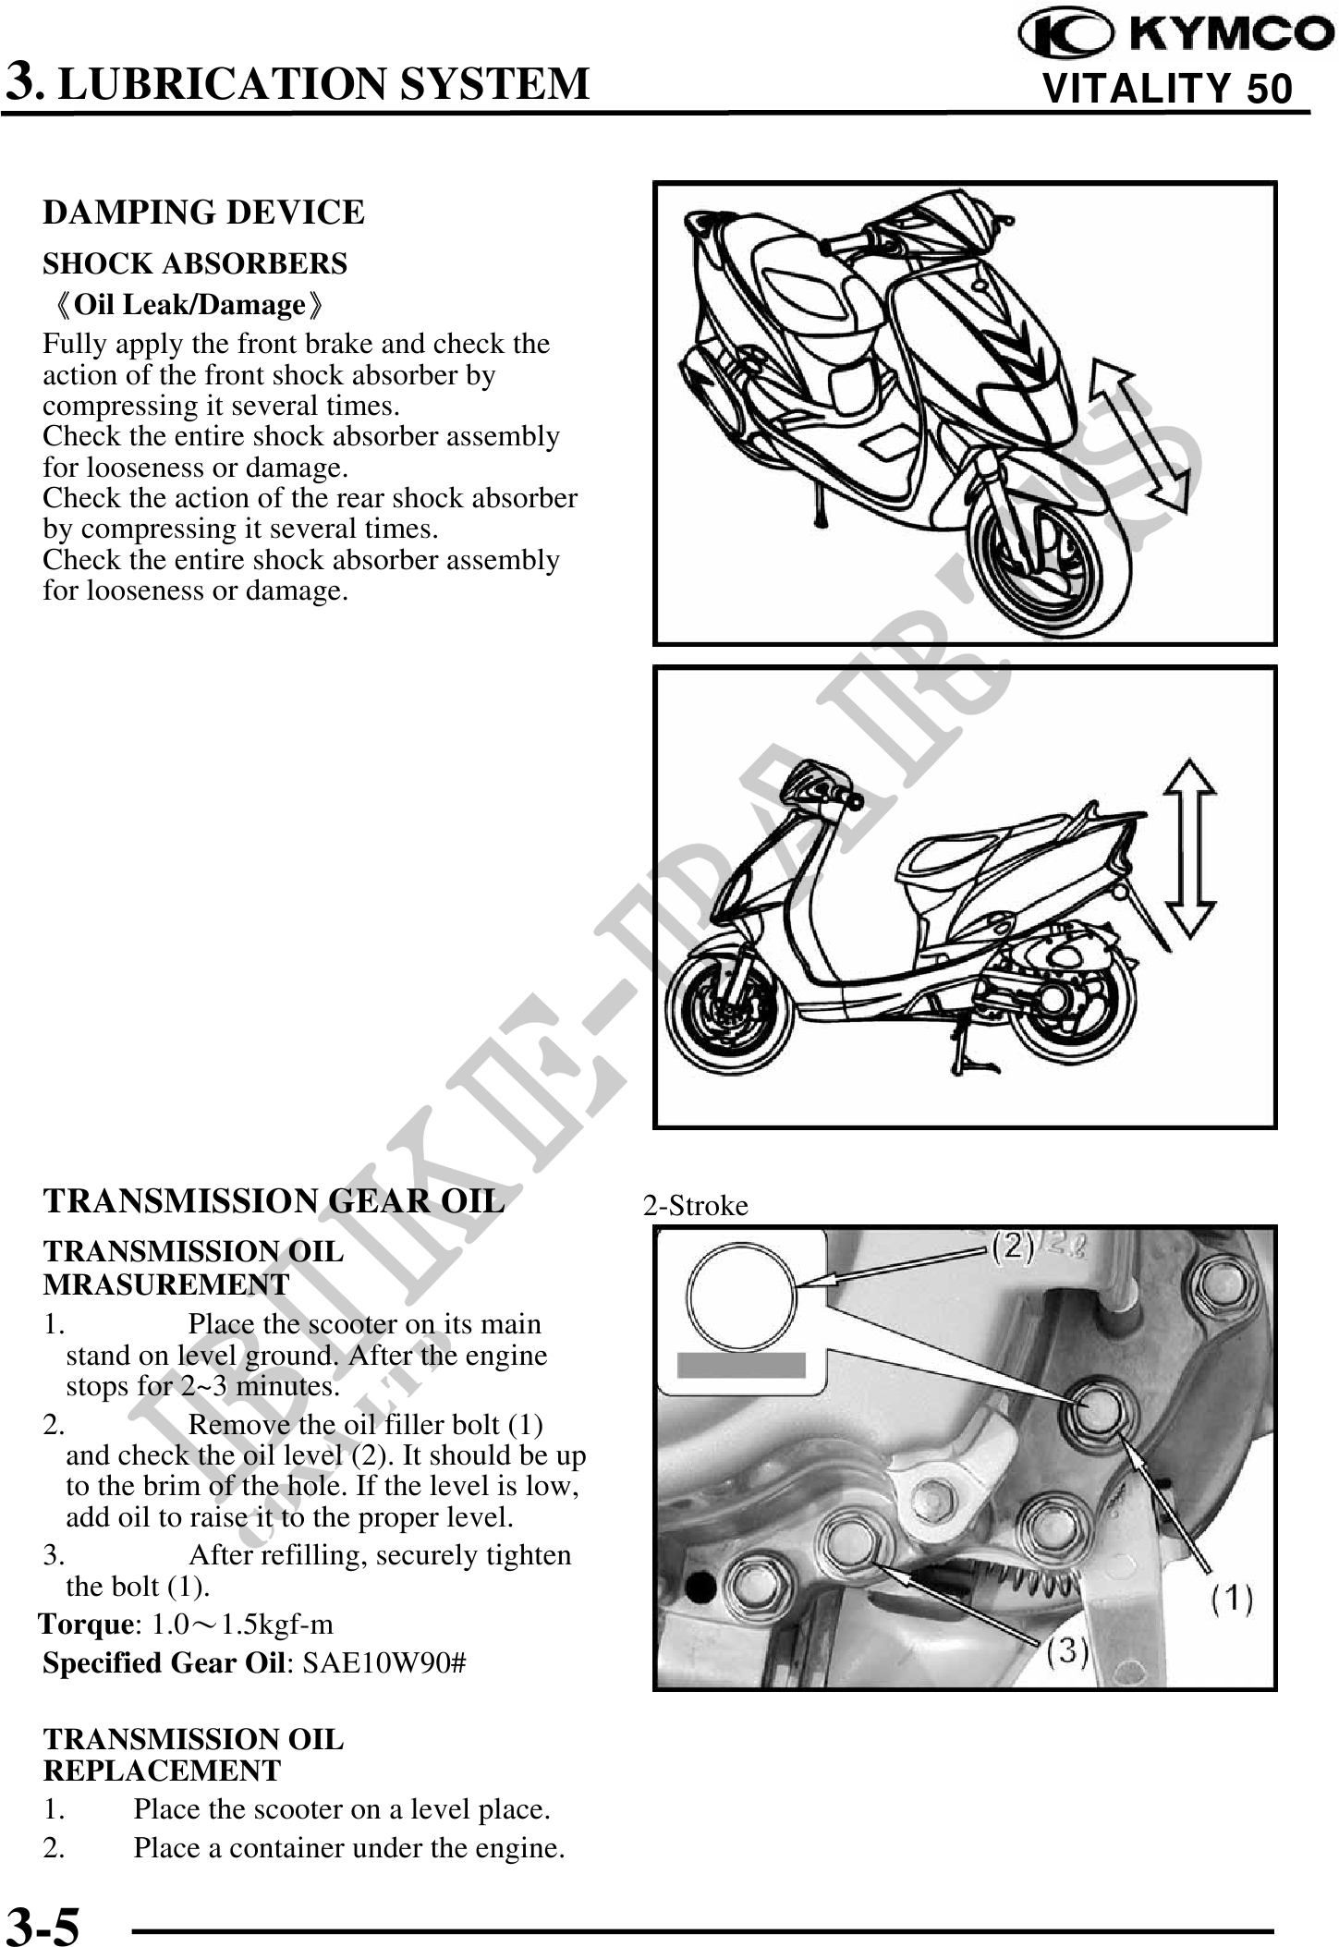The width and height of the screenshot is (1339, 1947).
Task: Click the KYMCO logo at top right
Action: click(x=1175, y=34)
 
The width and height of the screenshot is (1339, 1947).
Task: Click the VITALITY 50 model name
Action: click(x=1167, y=89)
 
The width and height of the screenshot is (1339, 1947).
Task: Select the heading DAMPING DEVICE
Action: click(x=203, y=213)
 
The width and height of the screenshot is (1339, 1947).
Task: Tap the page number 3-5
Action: click(x=43, y=1924)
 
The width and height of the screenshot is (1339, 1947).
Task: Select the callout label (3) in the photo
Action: click(x=1067, y=1651)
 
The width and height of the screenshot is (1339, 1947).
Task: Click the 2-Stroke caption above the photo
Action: click(x=695, y=1206)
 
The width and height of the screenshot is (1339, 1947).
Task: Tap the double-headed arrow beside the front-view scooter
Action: click(x=1138, y=434)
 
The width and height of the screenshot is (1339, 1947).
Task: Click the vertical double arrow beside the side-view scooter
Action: click(x=1189, y=847)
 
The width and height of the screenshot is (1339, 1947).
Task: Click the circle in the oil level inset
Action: click(x=741, y=1296)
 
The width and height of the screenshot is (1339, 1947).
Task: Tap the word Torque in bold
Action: click(x=87, y=1625)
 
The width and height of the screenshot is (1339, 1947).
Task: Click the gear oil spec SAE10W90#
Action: click(x=384, y=1662)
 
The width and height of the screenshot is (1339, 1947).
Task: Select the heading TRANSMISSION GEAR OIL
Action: click(x=274, y=1201)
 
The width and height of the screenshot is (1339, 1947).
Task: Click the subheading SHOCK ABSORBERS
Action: click(x=195, y=264)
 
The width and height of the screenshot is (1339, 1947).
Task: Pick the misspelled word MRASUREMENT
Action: click(x=166, y=1284)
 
